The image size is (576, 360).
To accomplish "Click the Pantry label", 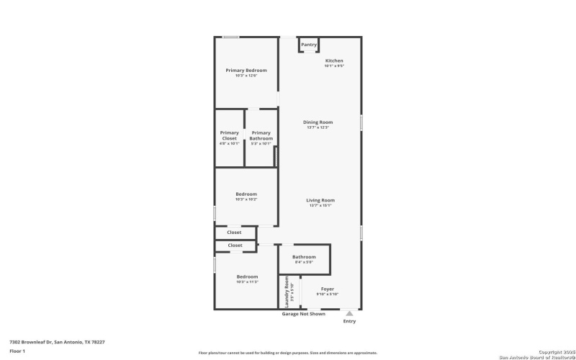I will point(309,45).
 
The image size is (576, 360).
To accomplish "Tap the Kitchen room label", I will point(334,60).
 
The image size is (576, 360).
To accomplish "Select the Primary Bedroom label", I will point(246,70).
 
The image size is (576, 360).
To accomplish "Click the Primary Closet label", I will point(229,135).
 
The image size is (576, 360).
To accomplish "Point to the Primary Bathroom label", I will point(261,135).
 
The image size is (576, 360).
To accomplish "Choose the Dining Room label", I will point(318,122).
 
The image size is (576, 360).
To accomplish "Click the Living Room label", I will point(320,200).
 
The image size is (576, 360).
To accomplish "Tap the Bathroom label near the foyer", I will point(304,257).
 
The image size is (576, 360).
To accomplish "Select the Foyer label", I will point(328,289).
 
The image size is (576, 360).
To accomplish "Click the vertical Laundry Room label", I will point(287,292).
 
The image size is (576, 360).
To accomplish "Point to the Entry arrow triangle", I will point(349,313).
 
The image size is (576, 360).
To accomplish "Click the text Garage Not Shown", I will point(303,314).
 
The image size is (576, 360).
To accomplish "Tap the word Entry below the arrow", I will point(349,321).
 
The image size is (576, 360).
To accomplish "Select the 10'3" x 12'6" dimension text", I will point(246,76).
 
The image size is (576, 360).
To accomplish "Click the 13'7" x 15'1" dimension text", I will point(320,206).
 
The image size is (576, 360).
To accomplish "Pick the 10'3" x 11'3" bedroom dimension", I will point(247,282).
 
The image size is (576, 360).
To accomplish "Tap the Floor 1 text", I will point(17,351).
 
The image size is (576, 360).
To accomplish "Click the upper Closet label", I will point(235,233).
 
